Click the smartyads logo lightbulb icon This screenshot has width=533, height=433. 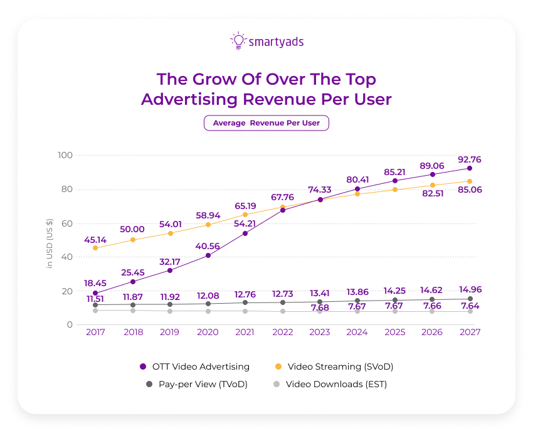(x=238, y=41)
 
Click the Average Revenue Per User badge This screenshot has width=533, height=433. (x=266, y=123)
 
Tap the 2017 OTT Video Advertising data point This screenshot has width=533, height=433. (x=95, y=293)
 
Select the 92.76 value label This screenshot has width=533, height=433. (x=469, y=159)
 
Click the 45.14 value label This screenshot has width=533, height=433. (x=95, y=238)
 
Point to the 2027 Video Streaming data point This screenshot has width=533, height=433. (x=469, y=181)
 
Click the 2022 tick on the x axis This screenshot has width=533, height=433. (x=282, y=333)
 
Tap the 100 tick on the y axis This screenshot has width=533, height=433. (x=65, y=155)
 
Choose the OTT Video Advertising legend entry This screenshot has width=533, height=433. (x=194, y=366)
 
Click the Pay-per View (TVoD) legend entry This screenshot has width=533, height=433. (x=194, y=385)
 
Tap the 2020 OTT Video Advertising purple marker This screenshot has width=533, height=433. (x=208, y=255)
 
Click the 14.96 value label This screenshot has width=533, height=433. (x=469, y=289)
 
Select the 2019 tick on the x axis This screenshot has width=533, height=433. (x=170, y=333)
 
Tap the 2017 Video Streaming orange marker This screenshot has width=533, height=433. (x=95, y=248)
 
